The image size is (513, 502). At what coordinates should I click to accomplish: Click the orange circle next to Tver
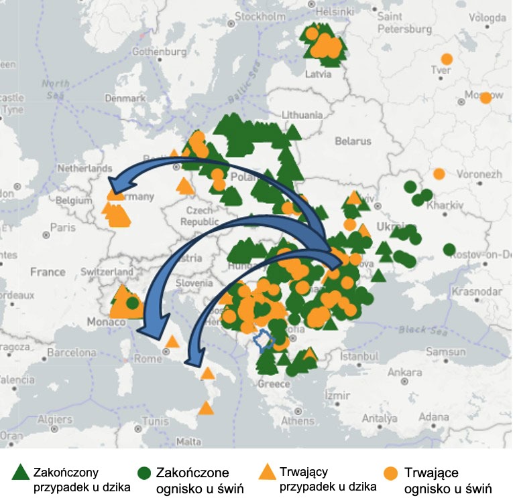pos(447,59)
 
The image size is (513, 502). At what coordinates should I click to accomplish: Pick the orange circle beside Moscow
pos(486,98)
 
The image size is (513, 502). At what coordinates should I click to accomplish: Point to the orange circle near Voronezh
pos(439,174)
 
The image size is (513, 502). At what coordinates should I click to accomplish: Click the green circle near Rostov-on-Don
pos(449,250)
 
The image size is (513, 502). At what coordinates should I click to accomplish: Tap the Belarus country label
pos(353,141)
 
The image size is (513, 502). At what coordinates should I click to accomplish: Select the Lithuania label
pos(303,115)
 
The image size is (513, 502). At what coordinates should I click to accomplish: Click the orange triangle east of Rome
pos(172,341)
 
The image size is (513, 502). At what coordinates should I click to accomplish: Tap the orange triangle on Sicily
pos(206,408)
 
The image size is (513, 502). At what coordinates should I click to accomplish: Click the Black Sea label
pos(418,329)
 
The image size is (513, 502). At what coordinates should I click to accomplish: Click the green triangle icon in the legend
pos(21,472)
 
